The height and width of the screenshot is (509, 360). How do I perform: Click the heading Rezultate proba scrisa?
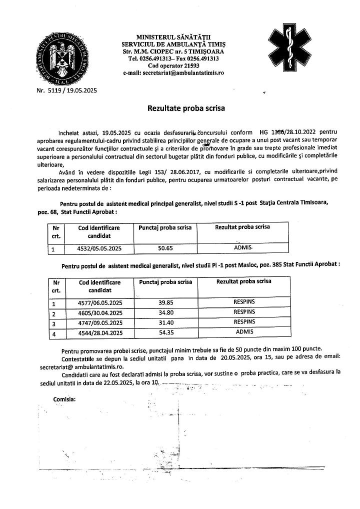click(x=186, y=107)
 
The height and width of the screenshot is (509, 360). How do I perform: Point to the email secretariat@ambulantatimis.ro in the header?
click(x=173, y=72)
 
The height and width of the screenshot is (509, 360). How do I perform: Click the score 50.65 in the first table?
click(x=165, y=247)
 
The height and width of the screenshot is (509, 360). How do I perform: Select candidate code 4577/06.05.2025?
click(x=100, y=303)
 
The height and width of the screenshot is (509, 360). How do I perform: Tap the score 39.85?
click(x=165, y=302)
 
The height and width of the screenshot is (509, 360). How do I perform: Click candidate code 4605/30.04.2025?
click(x=100, y=313)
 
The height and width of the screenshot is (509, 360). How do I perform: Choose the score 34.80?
click(x=165, y=312)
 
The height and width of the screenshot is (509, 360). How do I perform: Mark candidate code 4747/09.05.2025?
click(x=100, y=322)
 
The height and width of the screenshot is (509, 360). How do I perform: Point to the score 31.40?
click(x=165, y=322)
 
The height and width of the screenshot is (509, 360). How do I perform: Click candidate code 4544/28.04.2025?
click(x=100, y=332)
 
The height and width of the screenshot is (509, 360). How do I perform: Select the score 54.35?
click(x=165, y=332)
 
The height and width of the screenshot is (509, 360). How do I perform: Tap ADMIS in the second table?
click(x=244, y=332)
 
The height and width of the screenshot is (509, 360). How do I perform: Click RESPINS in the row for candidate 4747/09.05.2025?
click(x=244, y=321)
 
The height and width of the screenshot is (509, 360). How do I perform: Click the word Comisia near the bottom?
click(x=64, y=399)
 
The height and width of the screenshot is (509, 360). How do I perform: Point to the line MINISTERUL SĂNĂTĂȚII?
click(x=173, y=37)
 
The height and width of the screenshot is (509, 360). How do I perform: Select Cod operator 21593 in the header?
click(x=173, y=65)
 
